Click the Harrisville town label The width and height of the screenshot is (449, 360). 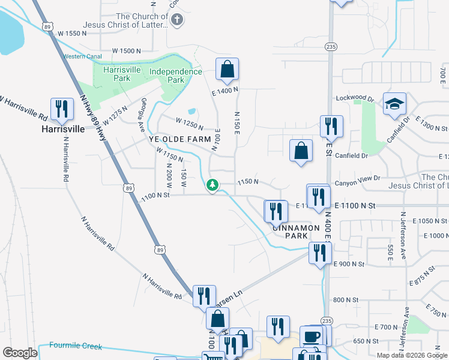pos(63,128)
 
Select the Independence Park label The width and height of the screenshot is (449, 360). pos(175,76)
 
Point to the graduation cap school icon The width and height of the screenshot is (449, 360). pos(395,104)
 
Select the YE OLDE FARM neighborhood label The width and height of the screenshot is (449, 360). pos(180,139)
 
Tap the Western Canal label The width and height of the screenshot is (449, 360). pos(81,56)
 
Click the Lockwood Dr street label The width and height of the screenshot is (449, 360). pos(355,98)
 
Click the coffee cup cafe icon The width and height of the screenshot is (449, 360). pos(312,336)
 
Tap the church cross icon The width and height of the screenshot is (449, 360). pos(176,20)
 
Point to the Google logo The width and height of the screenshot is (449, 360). pos(20,353)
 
